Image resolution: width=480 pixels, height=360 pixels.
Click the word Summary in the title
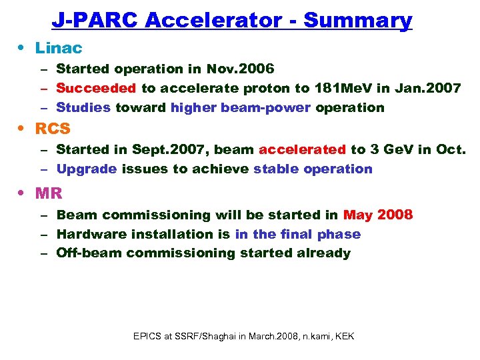(x=357, y=21)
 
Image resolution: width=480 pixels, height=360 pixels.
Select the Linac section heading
(x=59, y=48)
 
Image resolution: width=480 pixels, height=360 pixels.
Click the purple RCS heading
(x=53, y=129)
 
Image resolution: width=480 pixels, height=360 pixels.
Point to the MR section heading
(x=49, y=193)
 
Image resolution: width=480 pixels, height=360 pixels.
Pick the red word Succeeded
(x=97, y=88)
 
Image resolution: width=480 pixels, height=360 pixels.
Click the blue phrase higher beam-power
(x=241, y=107)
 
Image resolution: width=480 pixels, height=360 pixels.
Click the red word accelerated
(x=302, y=149)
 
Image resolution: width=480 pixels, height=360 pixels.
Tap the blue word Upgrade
(x=87, y=169)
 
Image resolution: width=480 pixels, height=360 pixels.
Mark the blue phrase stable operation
(x=313, y=169)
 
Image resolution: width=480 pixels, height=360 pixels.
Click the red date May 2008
(x=378, y=215)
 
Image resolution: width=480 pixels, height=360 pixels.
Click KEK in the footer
(x=345, y=336)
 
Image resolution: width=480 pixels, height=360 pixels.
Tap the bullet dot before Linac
(x=24, y=49)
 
